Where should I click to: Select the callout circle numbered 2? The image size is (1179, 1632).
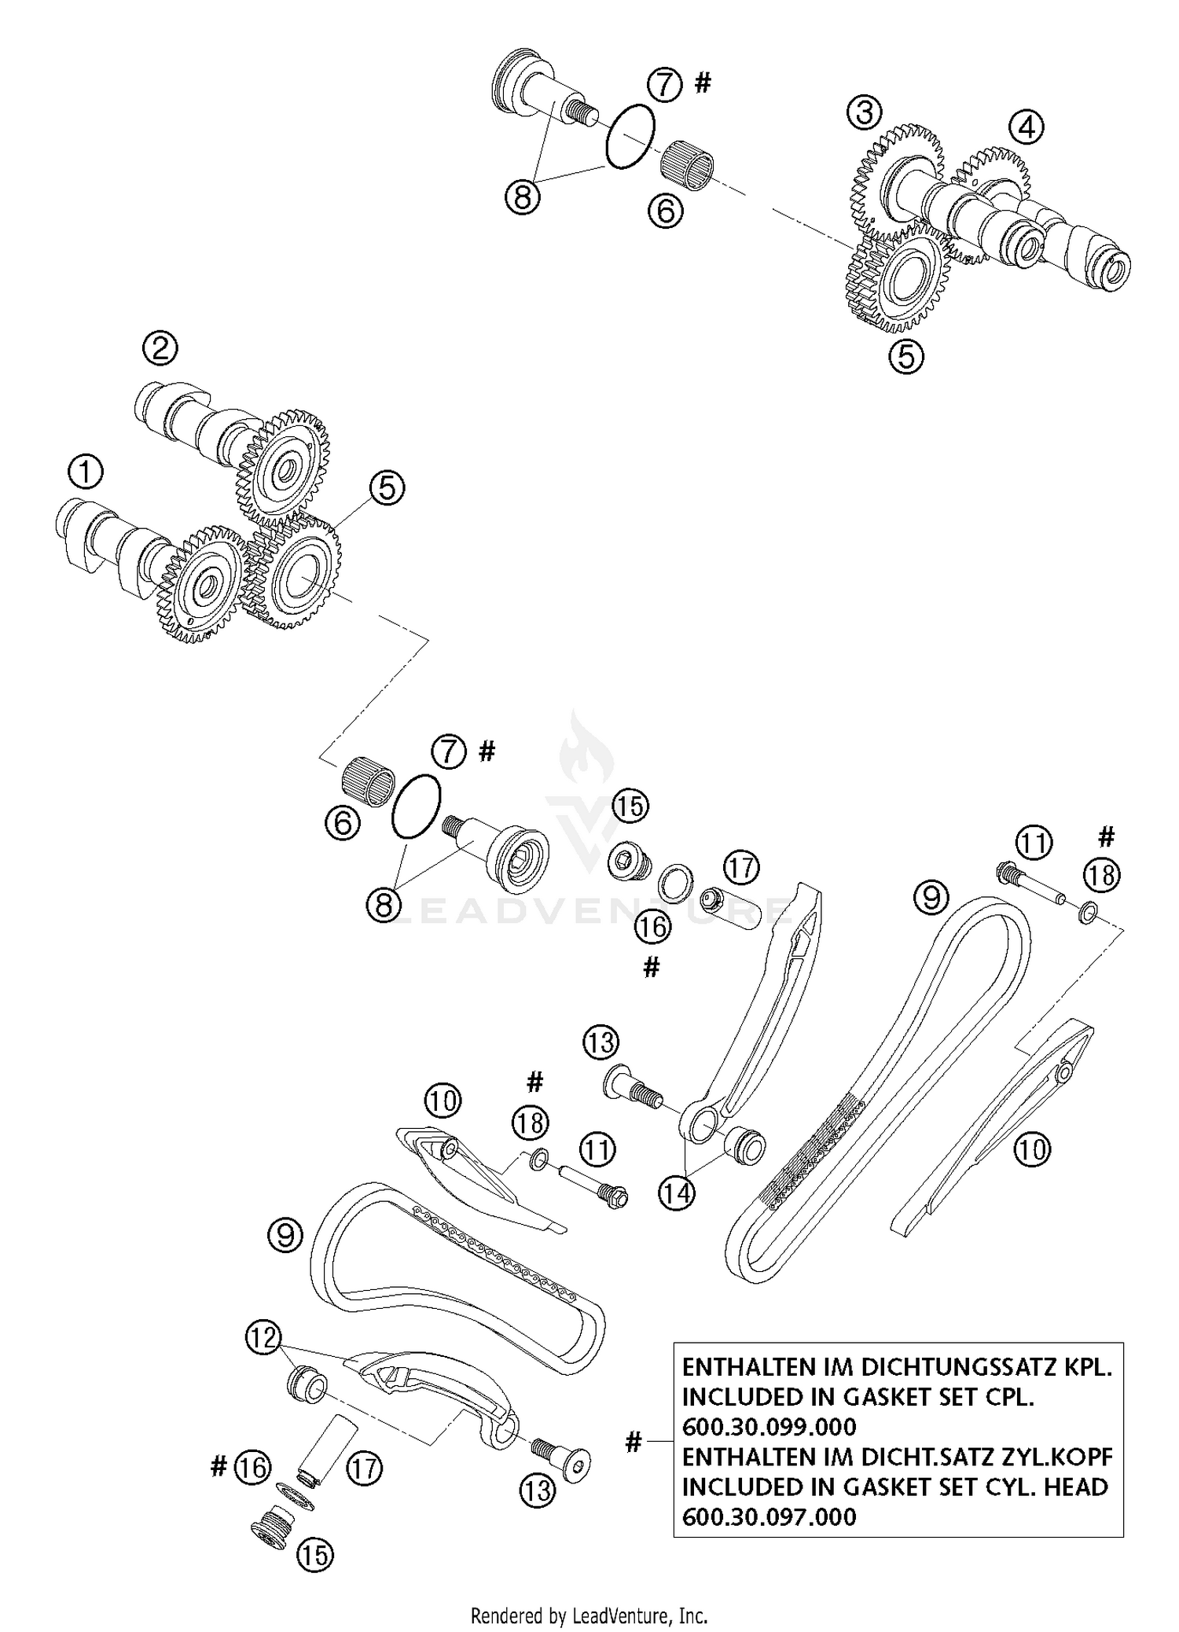pyautogui.click(x=160, y=347)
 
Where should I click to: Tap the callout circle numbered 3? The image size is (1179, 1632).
pyautogui.click(x=864, y=113)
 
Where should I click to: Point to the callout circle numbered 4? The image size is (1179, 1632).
pyautogui.click(x=1027, y=127)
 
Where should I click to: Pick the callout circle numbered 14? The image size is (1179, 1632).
pyautogui.click(x=677, y=1193)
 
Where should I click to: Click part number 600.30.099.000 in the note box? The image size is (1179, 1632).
pyautogui.click(x=769, y=1427)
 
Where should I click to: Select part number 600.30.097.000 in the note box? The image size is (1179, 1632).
pyautogui.click(x=769, y=1516)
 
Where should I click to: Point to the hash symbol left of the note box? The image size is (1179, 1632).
pyautogui.click(x=634, y=1442)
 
